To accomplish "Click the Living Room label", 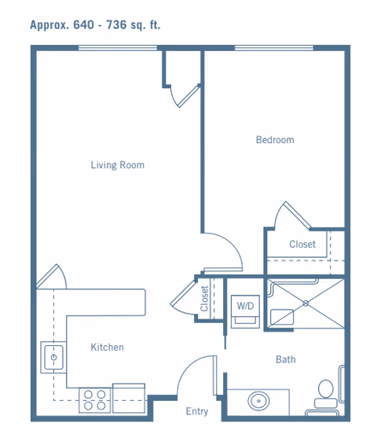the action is tap(117, 165).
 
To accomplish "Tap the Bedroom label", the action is tap(275, 140).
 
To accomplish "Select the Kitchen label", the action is tap(107, 347).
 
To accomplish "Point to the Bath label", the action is tap(286, 359).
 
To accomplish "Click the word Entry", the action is tap(197, 411).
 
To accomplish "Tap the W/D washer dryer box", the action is tap(245, 312).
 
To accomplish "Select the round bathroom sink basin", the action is tap(258, 401).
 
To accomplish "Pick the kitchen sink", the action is tap(53, 357).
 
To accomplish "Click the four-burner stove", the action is tap(95, 400).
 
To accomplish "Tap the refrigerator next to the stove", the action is tap(129, 398).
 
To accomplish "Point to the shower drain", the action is tap(306, 303).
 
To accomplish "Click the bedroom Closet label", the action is tap(302, 244).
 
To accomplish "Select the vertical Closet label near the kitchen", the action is tap(204, 299).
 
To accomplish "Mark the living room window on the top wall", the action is tap(118, 48).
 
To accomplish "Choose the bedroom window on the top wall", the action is tap(274, 48).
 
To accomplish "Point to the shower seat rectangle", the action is tap(282, 317).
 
